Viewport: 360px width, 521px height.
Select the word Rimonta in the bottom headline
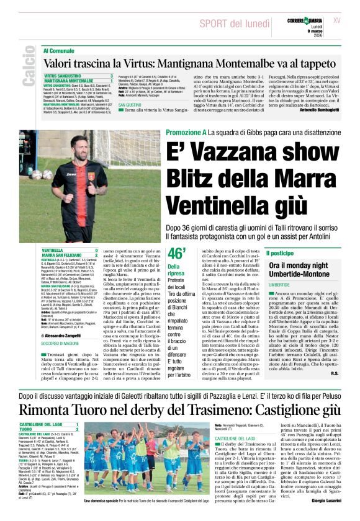(50, 409)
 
